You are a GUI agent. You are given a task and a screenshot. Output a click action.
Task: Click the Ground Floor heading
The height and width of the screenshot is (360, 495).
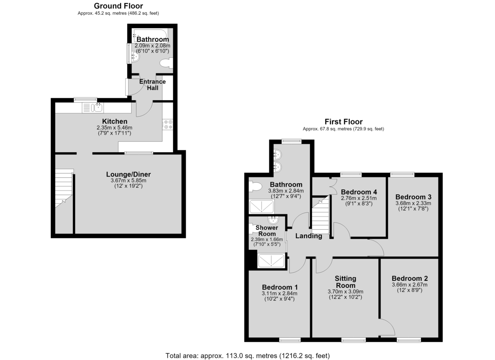(x=118, y=6)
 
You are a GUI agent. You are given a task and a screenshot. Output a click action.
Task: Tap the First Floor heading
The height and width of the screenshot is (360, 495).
(x=343, y=122)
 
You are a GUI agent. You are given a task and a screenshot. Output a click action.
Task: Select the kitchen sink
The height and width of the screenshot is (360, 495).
(x=93, y=108)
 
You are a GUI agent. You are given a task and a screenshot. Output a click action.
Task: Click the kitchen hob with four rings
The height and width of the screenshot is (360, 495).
(x=168, y=125)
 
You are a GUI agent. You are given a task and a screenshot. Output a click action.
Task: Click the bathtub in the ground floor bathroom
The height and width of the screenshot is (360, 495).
(x=150, y=35)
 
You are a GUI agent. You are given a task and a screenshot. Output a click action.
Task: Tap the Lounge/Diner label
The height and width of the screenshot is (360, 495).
(x=128, y=174)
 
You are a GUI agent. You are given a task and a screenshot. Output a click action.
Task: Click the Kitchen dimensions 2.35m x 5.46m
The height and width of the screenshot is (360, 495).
(x=115, y=128)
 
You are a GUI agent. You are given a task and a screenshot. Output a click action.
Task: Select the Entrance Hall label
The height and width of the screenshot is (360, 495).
(x=153, y=85)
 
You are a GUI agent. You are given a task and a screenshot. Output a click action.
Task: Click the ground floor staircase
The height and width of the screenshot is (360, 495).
(x=64, y=188)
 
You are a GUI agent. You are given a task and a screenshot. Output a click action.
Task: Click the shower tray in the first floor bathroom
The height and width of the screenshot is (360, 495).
(x=262, y=207)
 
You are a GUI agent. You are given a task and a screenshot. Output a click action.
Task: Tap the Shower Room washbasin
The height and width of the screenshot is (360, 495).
(x=273, y=220)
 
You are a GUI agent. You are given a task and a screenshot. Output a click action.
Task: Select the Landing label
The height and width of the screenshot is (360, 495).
(x=309, y=236)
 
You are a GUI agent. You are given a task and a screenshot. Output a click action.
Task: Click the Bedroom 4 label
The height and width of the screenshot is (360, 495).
(x=359, y=192)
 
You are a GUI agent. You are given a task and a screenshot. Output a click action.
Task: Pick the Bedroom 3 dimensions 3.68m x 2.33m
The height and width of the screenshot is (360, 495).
(x=413, y=203)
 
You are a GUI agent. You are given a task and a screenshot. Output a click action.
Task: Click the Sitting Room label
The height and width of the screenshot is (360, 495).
(x=345, y=282)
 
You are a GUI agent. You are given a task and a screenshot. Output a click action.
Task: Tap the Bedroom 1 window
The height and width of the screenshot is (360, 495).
(x=290, y=340)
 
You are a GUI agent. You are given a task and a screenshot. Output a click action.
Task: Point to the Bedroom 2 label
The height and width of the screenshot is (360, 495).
(x=410, y=278)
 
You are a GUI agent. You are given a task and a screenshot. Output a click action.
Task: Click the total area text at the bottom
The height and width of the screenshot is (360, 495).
(x=247, y=355)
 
